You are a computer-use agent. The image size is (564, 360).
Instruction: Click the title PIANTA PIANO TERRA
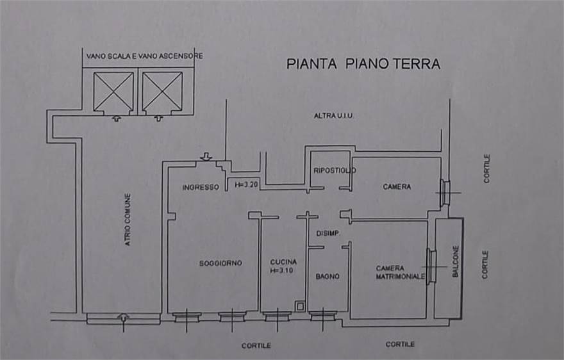coord(363,64)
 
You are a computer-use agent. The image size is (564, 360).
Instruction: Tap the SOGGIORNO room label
coord(220,263)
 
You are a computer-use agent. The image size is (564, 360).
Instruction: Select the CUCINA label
coord(283,262)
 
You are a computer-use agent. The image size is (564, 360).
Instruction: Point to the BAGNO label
coord(328,277)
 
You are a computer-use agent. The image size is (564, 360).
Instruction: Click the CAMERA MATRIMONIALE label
coord(401,273)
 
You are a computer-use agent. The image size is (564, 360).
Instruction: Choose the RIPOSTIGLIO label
coord(335,170)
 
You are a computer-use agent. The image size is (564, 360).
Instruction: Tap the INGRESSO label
coord(201,188)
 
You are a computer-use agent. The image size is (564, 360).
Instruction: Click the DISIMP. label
coord(328,233)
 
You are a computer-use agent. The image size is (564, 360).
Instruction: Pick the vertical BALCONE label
coord(456,261)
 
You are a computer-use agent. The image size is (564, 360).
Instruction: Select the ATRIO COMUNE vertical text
coord(128,220)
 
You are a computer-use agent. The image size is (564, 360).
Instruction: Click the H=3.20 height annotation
coord(246,184)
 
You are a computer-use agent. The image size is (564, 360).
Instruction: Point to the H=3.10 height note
coord(282,270)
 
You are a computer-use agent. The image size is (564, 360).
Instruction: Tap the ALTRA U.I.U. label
coord(333,116)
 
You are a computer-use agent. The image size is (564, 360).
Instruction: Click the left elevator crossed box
coord(113,92)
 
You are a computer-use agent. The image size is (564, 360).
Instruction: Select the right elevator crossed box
coord(163,92)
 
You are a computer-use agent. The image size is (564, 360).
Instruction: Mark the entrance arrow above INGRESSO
coord(206,156)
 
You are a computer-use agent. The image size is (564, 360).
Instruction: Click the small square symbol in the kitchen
coord(300,306)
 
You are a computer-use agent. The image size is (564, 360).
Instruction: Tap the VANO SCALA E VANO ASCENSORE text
coord(145,56)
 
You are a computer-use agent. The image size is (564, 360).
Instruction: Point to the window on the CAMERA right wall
coord(445,192)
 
